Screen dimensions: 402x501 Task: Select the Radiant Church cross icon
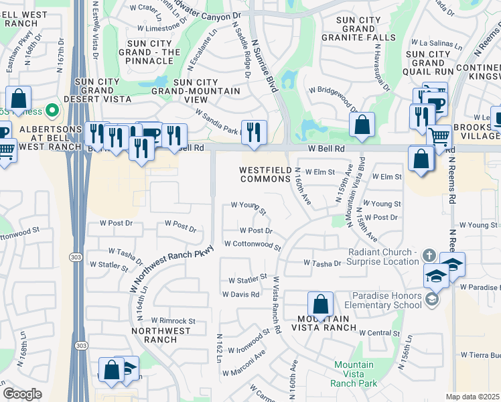click(x=429, y=256)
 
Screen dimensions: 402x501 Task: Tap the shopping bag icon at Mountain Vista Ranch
click(x=321, y=304)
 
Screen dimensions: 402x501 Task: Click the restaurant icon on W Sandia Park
click(x=253, y=131)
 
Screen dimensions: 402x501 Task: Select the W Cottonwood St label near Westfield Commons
click(x=252, y=246)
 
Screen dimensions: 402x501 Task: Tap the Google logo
click(x=22, y=394)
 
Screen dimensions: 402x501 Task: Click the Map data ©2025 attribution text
click(x=473, y=397)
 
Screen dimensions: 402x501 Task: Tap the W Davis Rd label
click(x=240, y=294)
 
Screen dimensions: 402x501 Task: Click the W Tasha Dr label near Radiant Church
click(x=322, y=263)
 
